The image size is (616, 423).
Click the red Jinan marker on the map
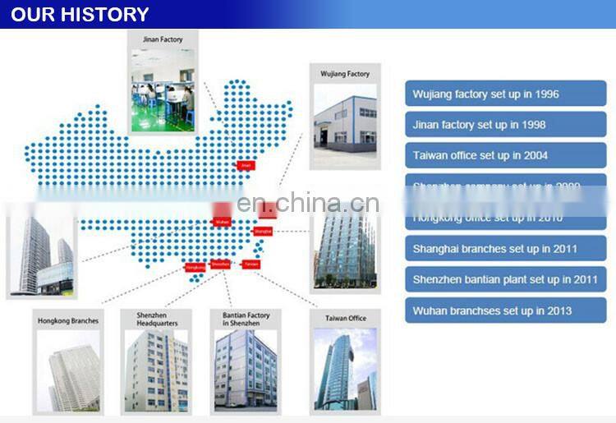click(245, 165)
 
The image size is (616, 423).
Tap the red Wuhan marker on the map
click(222, 222)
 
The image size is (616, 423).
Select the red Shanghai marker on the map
click(263, 232)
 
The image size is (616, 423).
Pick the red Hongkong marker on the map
click(195, 267)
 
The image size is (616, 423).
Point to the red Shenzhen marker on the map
click(220, 264)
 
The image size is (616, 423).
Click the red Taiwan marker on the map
click(251, 264)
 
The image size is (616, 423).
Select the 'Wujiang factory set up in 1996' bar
click(505, 94)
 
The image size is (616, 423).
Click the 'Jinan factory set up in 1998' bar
click(505, 125)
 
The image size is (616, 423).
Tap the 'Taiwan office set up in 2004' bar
click(505, 155)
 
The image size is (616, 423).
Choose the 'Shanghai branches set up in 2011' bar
click(505, 249)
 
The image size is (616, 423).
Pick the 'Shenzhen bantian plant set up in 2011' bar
click(505, 279)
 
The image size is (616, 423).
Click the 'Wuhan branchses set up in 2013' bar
click(505, 310)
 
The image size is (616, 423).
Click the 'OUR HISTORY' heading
click(80, 14)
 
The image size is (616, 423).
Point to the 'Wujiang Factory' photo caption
click(345, 74)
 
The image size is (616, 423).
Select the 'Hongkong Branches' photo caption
click(68, 320)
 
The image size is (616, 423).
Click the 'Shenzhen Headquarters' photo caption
click(156, 319)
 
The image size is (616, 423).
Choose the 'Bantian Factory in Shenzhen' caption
click(246, 319)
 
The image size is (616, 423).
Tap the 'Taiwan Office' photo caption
click(345, 318)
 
